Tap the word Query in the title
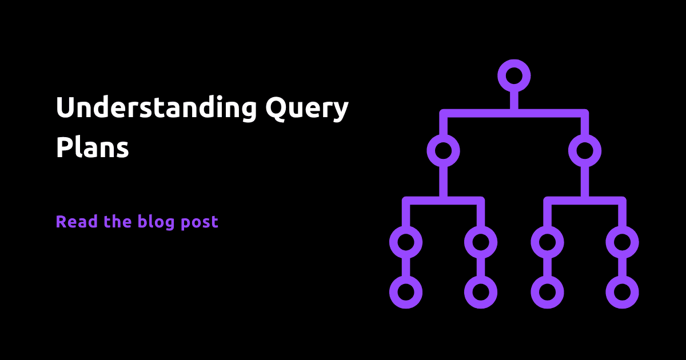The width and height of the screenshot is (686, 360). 307,109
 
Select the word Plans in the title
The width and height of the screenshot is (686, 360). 92,147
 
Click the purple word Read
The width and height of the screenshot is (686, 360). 77,221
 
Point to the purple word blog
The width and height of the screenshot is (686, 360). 156,222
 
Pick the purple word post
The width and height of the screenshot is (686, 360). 200,222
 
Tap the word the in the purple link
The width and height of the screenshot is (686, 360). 118,221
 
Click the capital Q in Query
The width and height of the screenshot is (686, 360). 277,108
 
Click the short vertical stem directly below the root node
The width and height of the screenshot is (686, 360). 514,101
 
